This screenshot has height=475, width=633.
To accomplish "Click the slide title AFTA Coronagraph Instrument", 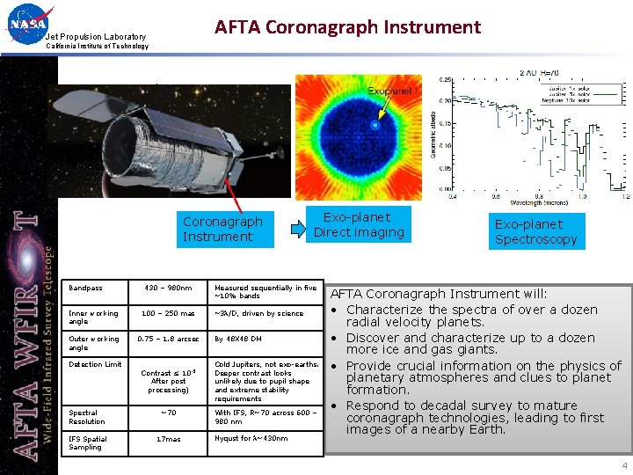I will (347, 27).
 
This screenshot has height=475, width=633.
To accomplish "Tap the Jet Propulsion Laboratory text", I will (96, 36).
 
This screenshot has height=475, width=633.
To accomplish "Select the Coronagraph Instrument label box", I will (222, 229).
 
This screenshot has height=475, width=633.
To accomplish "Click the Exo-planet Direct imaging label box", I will (359, 224).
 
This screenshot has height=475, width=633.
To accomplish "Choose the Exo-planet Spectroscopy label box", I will (535, 231).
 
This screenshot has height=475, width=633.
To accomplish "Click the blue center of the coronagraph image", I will (375, 126).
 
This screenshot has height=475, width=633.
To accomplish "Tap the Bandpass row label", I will (86, 289).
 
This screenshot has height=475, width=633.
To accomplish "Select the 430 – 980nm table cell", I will (167, 289).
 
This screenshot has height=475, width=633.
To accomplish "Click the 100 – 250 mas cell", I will (167, 314).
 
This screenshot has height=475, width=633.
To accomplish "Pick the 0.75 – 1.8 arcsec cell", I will (167, 339).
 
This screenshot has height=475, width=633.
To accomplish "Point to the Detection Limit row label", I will (96, 364).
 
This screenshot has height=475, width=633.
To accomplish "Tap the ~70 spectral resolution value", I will (167, 413).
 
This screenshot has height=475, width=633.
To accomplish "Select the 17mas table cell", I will (167, 438).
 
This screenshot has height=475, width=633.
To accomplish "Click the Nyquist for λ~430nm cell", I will (251, 438).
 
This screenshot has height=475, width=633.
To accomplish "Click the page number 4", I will (624, 465).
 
